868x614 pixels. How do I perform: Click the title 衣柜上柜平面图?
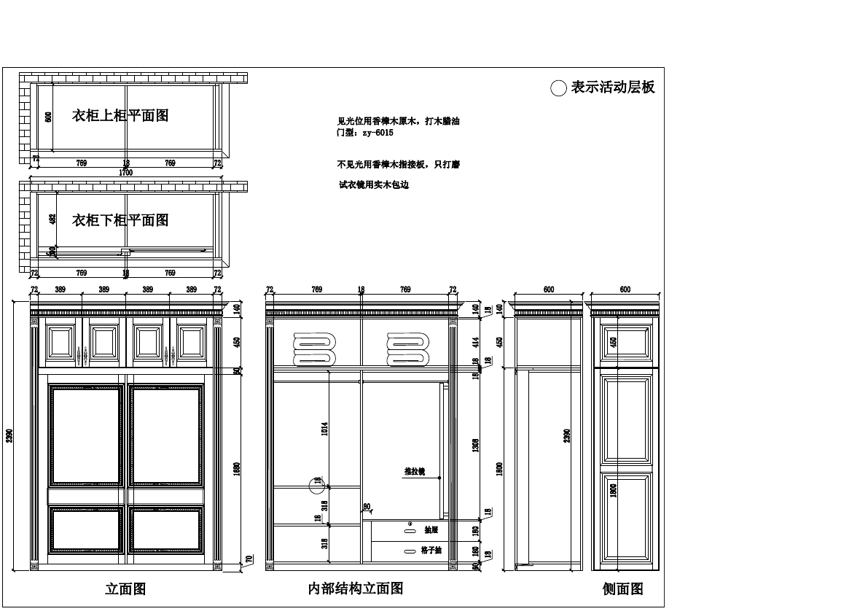[x=120, y=115]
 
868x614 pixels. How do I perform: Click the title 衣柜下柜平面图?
[x=120, y=219]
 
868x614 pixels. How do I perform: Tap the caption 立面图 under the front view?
[x=125, y=588]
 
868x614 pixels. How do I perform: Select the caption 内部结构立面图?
[x=356, y=588]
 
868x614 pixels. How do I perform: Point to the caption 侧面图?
[x=622, y=588]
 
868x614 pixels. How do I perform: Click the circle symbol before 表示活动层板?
[x=558, y=88]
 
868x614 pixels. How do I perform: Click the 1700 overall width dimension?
[x=125, y=173]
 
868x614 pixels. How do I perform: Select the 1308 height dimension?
[x=475, y=445]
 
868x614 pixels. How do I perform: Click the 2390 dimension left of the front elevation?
[x=9, y=435]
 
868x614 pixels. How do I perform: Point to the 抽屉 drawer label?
[x=431, y=530]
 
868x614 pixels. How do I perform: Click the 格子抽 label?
[x=431, y=551]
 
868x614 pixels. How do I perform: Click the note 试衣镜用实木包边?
[x=374, y=185]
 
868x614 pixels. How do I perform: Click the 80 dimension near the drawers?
[x=367, y=507]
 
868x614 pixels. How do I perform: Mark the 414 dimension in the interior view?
[x=475, y=341]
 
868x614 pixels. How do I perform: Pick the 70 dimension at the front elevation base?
[x=249, y=560]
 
